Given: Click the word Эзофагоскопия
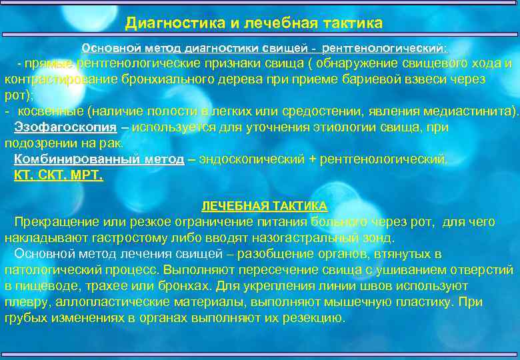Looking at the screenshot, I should click(63, 127).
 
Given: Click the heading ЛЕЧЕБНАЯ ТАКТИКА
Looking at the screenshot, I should click(265, 205).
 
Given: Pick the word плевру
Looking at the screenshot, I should click(23, 301).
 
